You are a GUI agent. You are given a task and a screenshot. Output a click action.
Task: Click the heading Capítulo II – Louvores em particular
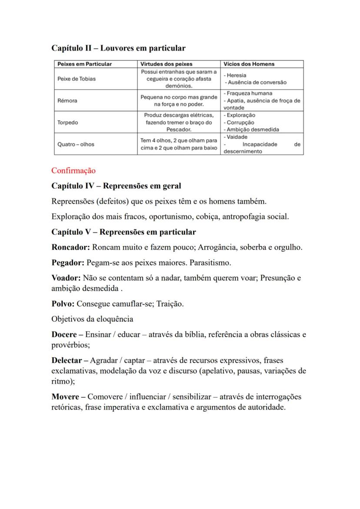pos(118,48)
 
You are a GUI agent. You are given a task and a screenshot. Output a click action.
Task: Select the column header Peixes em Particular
pos(84,64)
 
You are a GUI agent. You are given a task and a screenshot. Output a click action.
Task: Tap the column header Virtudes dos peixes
pos(166,64)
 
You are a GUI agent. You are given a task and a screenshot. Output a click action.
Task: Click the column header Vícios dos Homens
pos(249,64)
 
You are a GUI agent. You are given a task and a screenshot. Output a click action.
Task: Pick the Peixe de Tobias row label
pos(77,79)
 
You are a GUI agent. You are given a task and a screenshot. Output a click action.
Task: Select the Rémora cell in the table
pos(67,100)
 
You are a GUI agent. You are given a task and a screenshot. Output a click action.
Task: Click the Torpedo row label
pos(68,122)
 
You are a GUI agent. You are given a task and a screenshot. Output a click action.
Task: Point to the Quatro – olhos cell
pos(76,144)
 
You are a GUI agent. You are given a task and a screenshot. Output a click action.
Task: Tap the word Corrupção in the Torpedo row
pos(240,123)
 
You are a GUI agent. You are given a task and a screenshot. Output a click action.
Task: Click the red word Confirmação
pos(73,170)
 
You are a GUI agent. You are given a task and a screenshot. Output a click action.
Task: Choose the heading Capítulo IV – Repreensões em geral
pos(116,186)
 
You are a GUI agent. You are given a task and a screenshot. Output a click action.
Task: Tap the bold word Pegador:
pos(68,263)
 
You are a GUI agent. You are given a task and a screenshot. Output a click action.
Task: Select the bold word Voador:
pos(66,278)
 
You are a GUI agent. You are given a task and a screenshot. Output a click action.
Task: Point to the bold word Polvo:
pos(63,304)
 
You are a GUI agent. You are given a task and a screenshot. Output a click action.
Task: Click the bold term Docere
pos(64,335)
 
